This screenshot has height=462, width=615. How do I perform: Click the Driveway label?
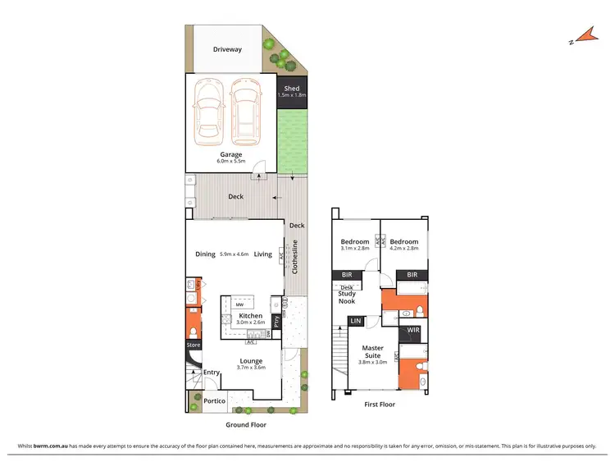click(x=227, y=49)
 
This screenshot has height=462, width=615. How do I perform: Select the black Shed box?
click(x=291, y=91)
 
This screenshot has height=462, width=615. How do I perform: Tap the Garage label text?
click(x=230, y=153)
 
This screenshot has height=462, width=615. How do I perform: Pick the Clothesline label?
click(x=295, y=254)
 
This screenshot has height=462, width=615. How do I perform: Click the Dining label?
click(x=205, y=254)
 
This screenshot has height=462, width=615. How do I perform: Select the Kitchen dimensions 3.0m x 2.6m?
click(x=250, y=322)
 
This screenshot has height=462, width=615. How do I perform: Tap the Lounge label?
click(x=250, y=360)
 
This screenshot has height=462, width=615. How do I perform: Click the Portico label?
click(x=215, y=401)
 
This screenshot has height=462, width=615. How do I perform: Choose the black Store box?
click(x=193, y=345)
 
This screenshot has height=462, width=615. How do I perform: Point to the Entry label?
click(x=212, y=372)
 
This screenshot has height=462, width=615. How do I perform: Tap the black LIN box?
click(x=357, y=321)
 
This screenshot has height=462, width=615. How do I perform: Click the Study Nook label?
click(x=346, y=296)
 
